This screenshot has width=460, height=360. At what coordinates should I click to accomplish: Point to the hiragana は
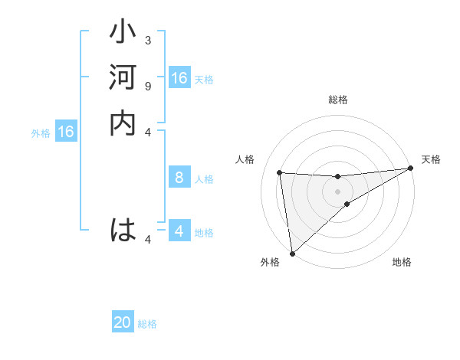123,230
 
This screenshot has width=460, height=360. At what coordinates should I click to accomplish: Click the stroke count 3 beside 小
148,40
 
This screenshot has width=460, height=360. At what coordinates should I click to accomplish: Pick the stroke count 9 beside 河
148,85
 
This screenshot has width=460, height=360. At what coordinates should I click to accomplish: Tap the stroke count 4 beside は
148,240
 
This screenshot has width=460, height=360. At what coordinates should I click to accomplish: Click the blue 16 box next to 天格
179,78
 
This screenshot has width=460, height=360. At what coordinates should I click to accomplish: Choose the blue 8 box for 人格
179,178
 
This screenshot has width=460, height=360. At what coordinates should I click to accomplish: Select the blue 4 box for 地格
179,231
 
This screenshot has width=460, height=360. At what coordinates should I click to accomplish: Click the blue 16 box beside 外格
66,132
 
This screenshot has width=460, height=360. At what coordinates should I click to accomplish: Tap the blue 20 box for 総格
123,323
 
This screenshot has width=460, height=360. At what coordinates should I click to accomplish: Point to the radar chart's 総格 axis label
338,100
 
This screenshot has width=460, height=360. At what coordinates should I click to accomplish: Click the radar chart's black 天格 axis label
431,159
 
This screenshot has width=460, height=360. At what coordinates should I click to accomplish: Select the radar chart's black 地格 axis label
402,263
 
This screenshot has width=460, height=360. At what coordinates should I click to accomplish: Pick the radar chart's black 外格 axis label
270,263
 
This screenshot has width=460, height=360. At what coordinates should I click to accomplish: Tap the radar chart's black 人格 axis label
245,159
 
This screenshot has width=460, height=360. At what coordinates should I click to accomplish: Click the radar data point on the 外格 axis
292,254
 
